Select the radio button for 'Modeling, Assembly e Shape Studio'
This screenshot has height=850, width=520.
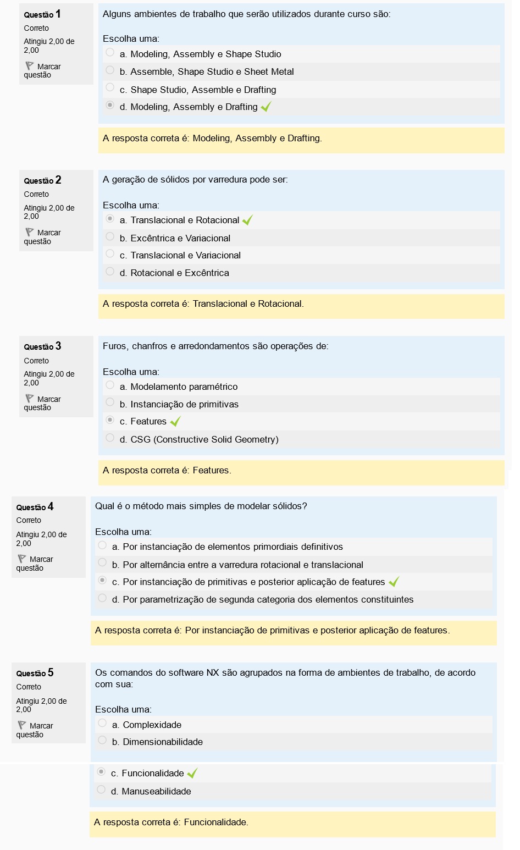110,53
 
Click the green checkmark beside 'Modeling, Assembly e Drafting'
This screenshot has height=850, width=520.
266,107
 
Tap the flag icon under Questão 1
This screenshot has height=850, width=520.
30,66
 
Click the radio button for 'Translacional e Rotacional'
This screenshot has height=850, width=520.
110,219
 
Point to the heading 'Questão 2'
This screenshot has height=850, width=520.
42,180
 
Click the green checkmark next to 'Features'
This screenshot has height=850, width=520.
175,422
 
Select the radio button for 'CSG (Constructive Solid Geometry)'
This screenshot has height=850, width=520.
110,438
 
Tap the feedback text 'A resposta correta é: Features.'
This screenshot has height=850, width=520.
167,471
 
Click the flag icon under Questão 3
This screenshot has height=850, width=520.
30,399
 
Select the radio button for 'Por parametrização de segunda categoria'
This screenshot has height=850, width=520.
102,598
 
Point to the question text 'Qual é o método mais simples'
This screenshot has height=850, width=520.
201,506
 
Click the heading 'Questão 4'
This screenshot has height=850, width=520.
35,507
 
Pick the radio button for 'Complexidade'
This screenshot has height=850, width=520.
102,724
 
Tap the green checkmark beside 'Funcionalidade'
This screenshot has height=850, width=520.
192,774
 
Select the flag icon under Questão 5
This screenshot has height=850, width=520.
22,725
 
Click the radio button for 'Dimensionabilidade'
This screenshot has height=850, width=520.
102,741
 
